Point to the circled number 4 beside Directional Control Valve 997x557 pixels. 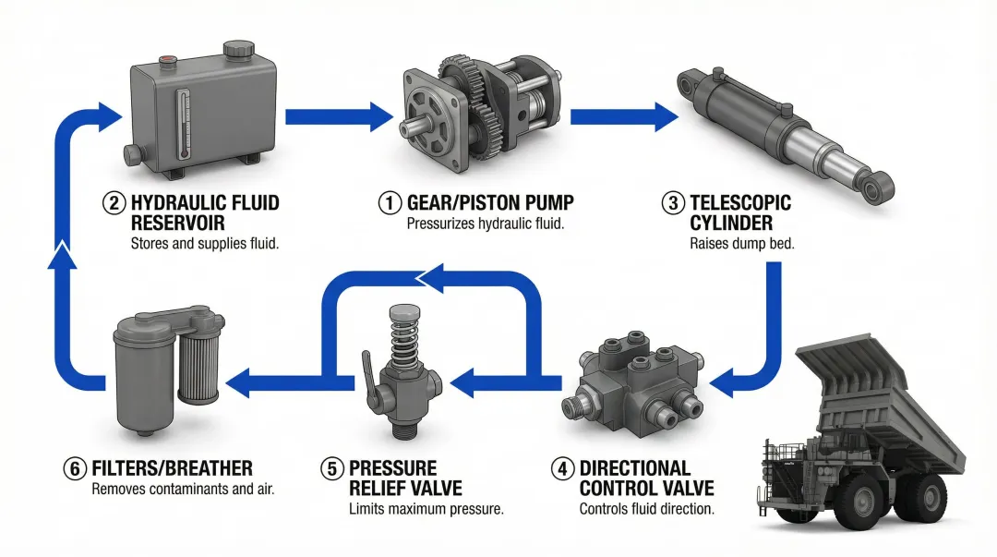pyautogui.click(x=562, y=468)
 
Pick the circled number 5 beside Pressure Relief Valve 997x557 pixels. pyautogui.click(x=331, y=468)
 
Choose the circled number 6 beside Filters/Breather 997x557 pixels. pyautogui.click(x=75, y=468)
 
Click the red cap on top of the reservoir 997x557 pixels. pyautogui.click(x=168, y=62)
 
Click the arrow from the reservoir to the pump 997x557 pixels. pyautogui.click(x=339, y=116)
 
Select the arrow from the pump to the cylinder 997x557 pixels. pyautogui.click(x=623, y=116)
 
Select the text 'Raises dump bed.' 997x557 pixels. pyautogui.click(x=741, y=245)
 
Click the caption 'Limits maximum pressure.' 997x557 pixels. pyautogui.click(x=426, y=509)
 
